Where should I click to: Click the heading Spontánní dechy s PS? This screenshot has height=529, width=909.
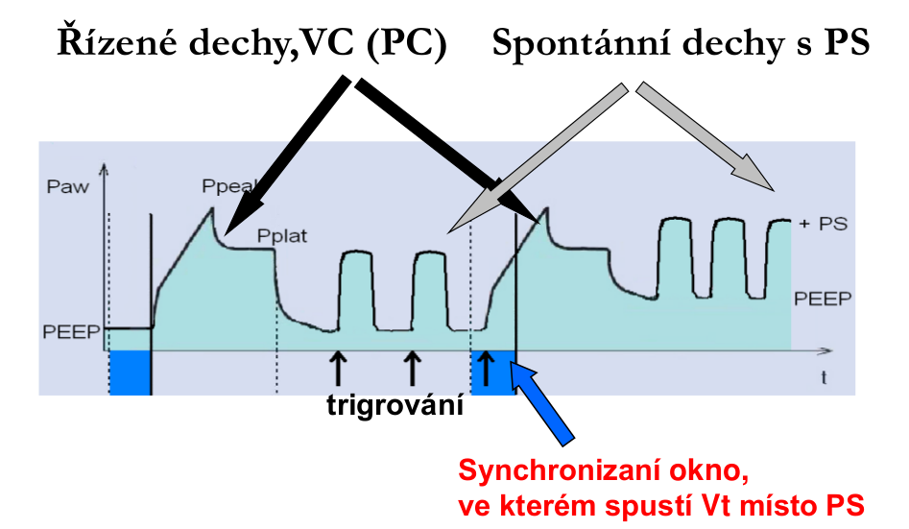tap(682, 43)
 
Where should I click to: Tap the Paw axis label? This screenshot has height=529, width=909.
tap(67, 186)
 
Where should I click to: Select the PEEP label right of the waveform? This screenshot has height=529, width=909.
tap(823, 298)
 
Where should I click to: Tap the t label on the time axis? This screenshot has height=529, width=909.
tap(824, 377)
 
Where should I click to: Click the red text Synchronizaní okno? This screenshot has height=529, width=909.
tap(603, 471)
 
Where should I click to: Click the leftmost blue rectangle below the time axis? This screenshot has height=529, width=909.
tap(130, 372)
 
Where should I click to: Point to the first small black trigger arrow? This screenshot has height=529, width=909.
tap(336, 368)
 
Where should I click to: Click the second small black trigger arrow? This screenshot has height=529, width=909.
tap(412, 368)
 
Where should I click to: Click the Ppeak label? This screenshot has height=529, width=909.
tap(223, 185)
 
